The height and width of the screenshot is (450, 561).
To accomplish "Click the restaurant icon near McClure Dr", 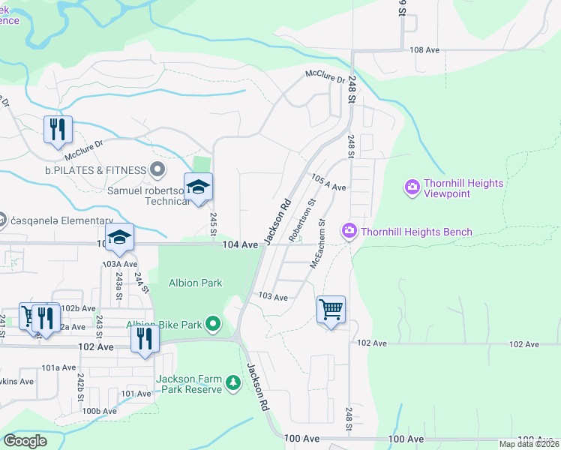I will point(58,130).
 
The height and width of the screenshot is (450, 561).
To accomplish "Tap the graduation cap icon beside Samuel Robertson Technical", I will point(198,187).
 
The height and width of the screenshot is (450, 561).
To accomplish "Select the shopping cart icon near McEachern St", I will point(331,309).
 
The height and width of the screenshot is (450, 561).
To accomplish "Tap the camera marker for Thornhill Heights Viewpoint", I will point(412,187).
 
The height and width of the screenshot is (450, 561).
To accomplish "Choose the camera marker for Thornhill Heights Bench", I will point(349,232).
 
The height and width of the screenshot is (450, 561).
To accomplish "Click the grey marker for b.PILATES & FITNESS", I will point(157,170).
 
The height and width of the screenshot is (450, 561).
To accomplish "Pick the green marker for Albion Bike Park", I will point(214,325).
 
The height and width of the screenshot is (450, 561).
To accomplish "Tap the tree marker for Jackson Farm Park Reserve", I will point(233,384).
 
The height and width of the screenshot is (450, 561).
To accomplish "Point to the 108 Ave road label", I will point(424,50).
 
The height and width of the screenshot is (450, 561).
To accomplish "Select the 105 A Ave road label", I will point(328,184).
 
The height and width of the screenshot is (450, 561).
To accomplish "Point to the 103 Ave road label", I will point(273,298).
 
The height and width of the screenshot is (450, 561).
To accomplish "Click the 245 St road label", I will point(214,223).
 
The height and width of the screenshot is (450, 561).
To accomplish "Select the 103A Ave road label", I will point(120,264).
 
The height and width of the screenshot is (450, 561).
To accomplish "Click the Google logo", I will point(25,441).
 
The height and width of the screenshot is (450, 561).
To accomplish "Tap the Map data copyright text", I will point(529,444).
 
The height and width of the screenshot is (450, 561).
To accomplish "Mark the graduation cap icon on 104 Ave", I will point(119,238).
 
